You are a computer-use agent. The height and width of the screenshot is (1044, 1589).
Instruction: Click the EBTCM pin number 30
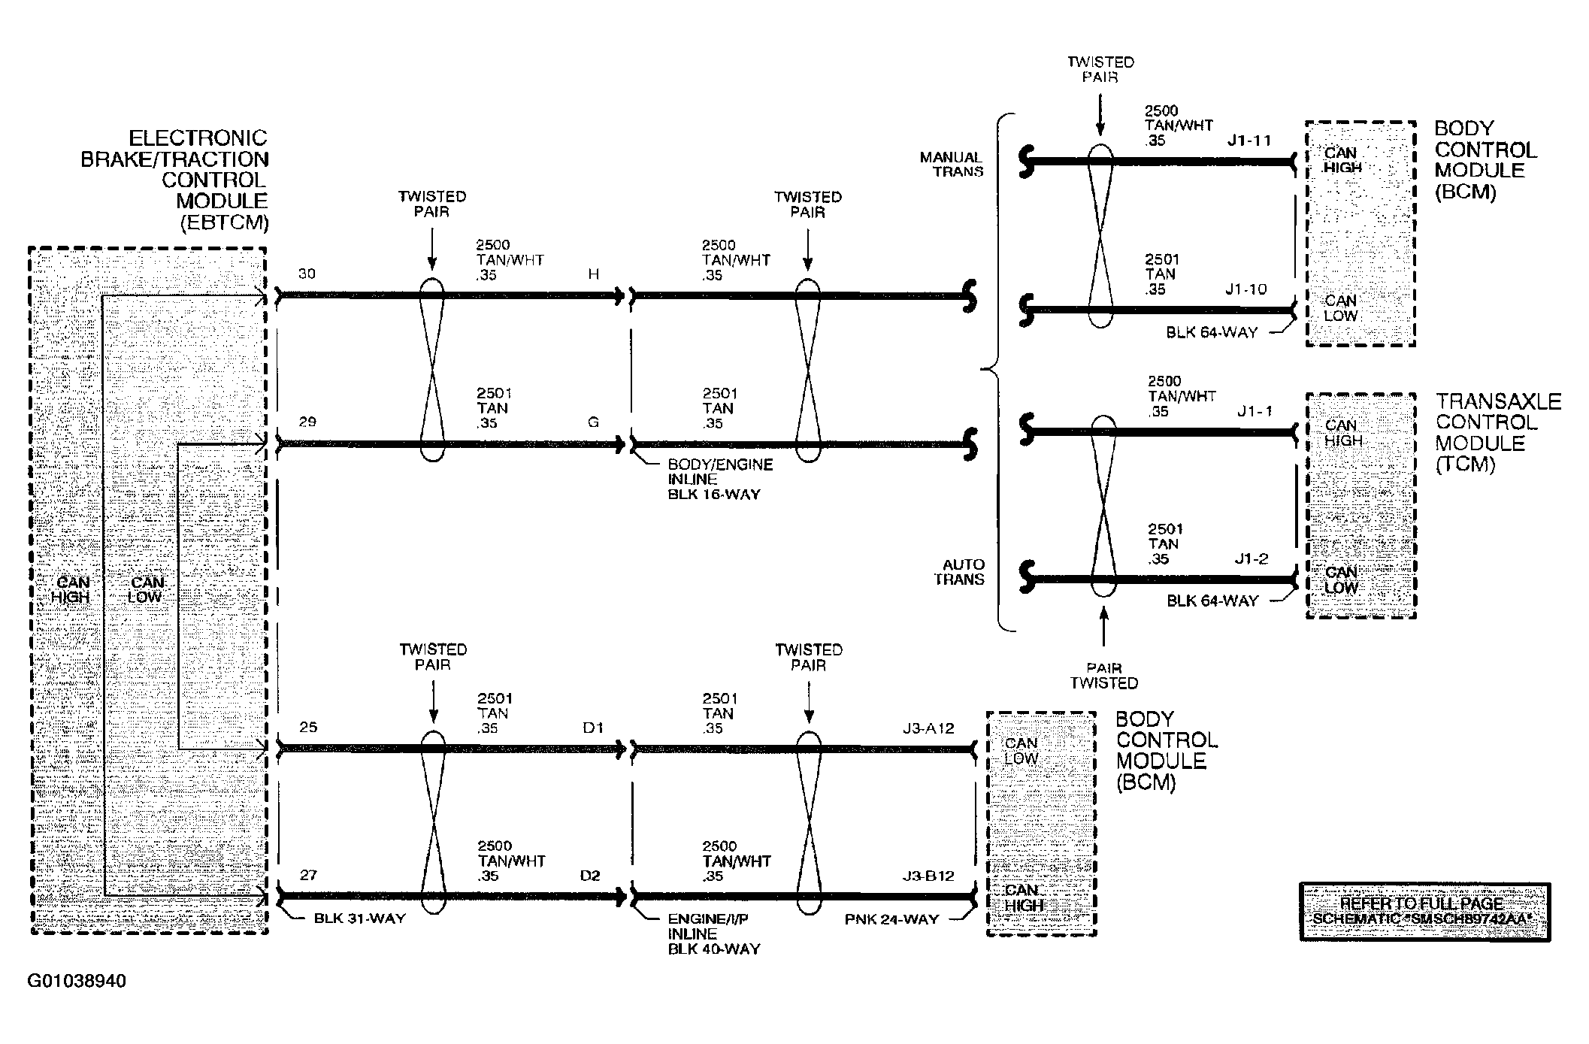coord(307,274)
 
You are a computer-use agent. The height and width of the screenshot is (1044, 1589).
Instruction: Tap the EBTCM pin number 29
coord(307,422)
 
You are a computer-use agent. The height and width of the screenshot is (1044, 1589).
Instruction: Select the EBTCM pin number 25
coord(308,727)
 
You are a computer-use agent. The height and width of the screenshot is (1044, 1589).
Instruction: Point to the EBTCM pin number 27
coord(308,875)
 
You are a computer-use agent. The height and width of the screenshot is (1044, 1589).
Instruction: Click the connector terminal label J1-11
coord(1249,141)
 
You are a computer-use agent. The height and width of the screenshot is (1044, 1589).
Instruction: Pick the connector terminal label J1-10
coord(1246,289)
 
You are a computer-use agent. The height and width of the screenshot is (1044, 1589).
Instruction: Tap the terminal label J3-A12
coord(928,728)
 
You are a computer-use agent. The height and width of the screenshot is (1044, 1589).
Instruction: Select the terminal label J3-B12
coord(928,876)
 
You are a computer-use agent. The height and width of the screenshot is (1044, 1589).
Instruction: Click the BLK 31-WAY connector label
coord(359,918)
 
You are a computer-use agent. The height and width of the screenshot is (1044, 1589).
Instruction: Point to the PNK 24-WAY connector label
coord(891,918)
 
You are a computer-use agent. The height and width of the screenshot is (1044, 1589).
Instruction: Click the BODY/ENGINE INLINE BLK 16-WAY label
coord(720,480)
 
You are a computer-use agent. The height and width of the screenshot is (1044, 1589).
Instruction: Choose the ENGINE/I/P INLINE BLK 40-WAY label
coord(714,934)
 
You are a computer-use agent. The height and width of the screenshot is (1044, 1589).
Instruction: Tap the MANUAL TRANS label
coord(952,164)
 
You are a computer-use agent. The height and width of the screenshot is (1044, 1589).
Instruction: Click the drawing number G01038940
coord(77,982)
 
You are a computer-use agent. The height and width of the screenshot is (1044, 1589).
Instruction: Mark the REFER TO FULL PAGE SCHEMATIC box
coord(1425,912)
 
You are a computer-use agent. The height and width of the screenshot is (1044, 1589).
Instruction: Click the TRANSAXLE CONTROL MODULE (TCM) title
coord(1498,433)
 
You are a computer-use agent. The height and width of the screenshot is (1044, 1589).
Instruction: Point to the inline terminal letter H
coord(594,274)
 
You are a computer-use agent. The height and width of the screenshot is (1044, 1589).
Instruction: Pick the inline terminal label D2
coord(591,876)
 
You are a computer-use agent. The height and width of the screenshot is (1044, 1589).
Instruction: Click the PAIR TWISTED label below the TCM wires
coord(1104,675)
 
